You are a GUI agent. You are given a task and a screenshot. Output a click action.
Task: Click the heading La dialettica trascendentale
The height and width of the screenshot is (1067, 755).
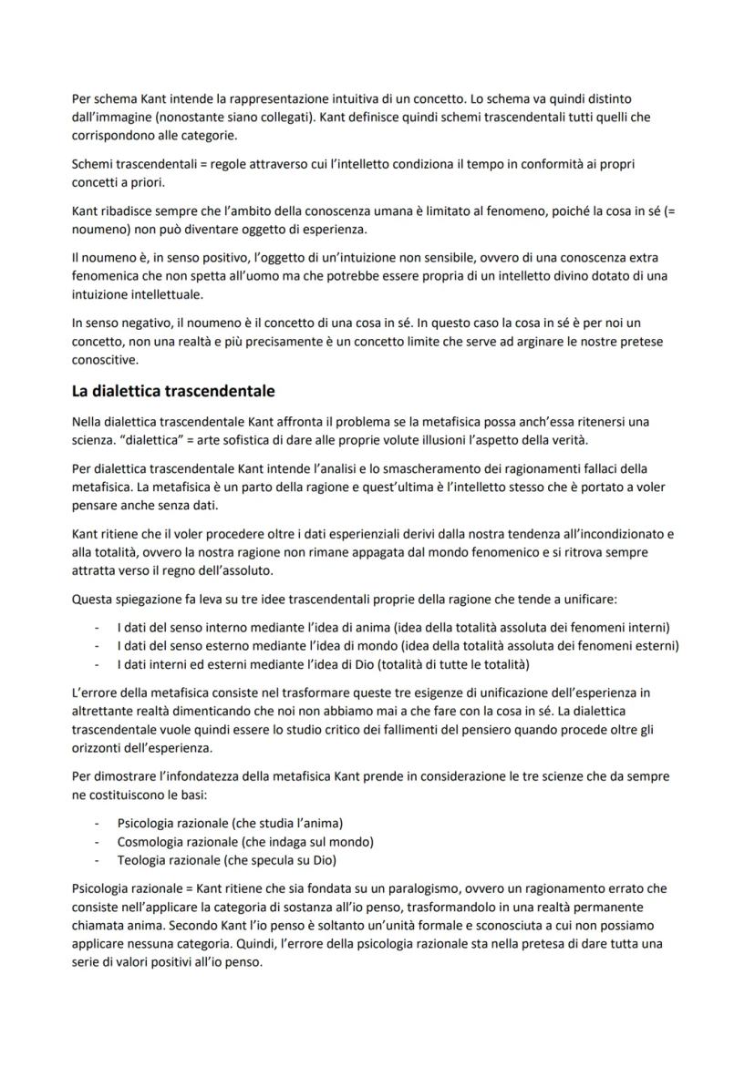[173, 392]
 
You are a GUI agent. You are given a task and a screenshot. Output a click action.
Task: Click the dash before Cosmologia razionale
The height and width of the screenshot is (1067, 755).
[98, 841]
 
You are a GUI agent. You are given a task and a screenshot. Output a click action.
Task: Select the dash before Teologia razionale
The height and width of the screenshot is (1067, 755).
[98, 859]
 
